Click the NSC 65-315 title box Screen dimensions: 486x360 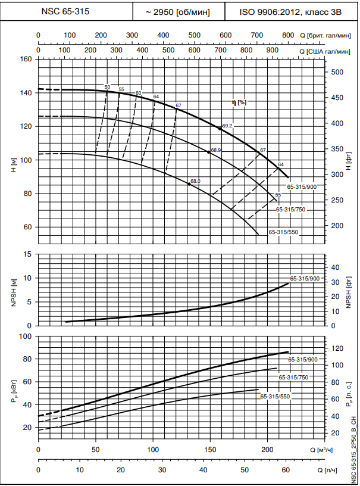click(x=66, y=11)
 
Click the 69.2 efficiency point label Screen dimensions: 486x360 click(x=227, y=126)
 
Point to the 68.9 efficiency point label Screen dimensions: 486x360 click(x=215, y=150)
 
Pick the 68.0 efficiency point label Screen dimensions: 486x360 click(x=195, y=181)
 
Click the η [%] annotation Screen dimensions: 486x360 click(x=239, y=102)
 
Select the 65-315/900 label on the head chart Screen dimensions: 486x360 click(x=302, y=187)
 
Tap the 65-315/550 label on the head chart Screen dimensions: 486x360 click(x=283, y=232)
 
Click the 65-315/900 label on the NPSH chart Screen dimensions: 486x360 click(x=305, y=279)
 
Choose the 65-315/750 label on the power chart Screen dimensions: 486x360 click(x=293, y=378)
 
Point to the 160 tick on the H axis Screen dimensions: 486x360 click(x=26, y=59)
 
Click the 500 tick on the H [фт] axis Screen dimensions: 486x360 click(x=337, y=72)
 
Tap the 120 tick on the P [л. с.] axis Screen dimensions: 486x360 click(x=337, y=348)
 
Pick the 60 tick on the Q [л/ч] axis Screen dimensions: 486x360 click(x=286, y=470)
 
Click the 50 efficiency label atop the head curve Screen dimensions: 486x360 click(x=107, y=87)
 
